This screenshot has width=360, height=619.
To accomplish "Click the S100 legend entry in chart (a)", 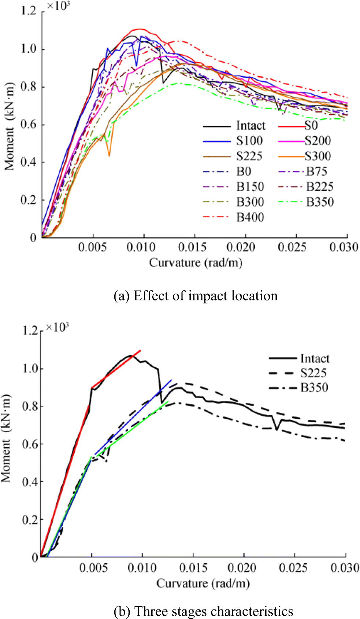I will [x=249, y=141].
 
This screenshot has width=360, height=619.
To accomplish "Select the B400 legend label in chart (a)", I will [x=250, y=217].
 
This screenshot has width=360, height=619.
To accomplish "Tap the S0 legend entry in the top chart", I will [x=311, y=126].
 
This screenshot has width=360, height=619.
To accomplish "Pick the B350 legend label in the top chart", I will [x=320, y=202].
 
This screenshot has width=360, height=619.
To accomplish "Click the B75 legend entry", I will [x=316, y=171].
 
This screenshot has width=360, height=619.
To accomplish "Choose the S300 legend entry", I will [x=318, y=156].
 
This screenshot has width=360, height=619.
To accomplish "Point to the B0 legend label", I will [x=244, y=171].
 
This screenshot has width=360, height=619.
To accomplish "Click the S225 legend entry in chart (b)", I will [x=313, y=373].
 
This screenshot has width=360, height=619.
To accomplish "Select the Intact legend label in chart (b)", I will [x=315, y=359].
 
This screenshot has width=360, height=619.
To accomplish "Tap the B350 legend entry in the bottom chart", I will [x=314, y=388].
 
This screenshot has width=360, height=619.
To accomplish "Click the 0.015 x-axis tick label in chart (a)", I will [x=192, y=247].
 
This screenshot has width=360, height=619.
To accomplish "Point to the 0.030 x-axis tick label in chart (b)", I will [x=345, y=568].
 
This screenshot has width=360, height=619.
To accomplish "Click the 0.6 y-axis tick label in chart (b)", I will [x=30, y=444].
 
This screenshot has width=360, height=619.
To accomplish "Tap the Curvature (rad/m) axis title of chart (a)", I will [x=196, y=263].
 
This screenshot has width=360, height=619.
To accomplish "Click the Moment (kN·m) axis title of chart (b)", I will [x=6, y=438].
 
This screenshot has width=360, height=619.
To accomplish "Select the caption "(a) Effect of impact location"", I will [x=196, y=296].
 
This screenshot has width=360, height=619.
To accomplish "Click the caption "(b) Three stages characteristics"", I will [x=203, y=611].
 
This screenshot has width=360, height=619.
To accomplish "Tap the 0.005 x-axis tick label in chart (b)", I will [x=93, y=568].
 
